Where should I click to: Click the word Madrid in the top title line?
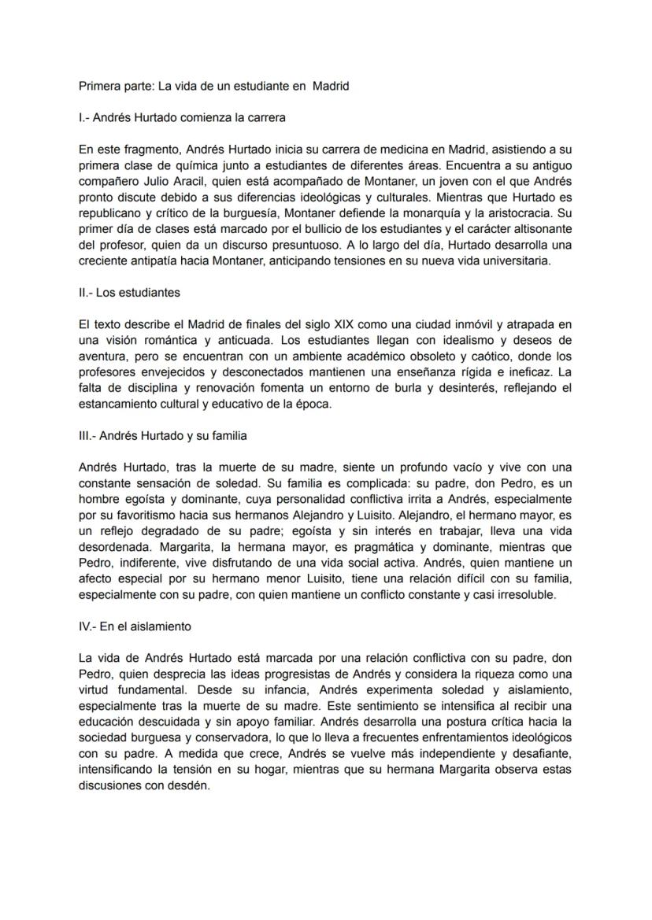(x=331, y=87)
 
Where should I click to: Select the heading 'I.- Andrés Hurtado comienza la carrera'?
(x=182, y=118)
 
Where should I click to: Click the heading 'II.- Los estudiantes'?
(x=130, y=292)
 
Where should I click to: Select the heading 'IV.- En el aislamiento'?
(x=135, y=626)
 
